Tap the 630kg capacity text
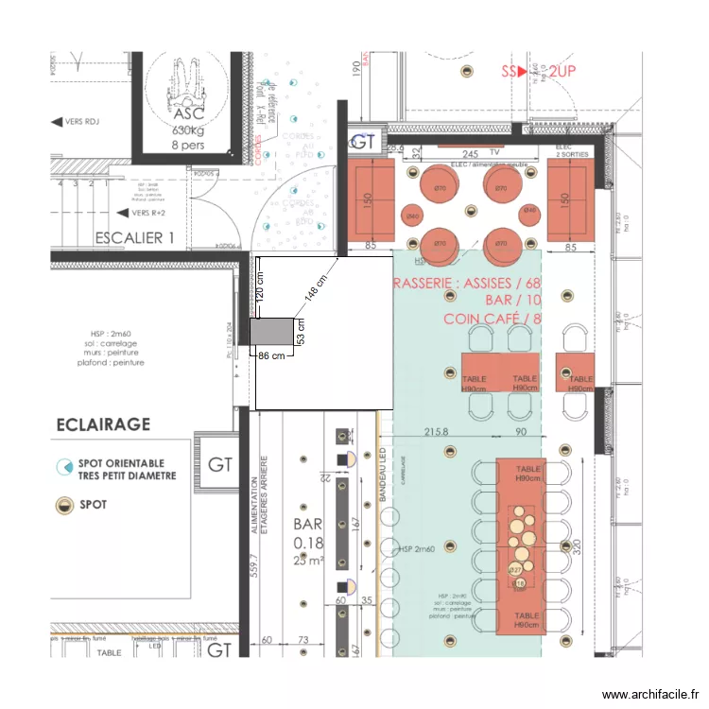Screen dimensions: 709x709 [189, 130]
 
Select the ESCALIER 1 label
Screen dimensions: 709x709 [134, 238]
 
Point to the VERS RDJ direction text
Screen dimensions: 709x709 [81, 122]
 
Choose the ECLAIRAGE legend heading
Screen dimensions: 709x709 [103, 424]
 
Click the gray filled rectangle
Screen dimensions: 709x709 [271, 332]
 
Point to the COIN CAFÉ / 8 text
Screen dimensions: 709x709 [492, 319]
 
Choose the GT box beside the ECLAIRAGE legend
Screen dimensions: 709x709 [220, 465]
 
